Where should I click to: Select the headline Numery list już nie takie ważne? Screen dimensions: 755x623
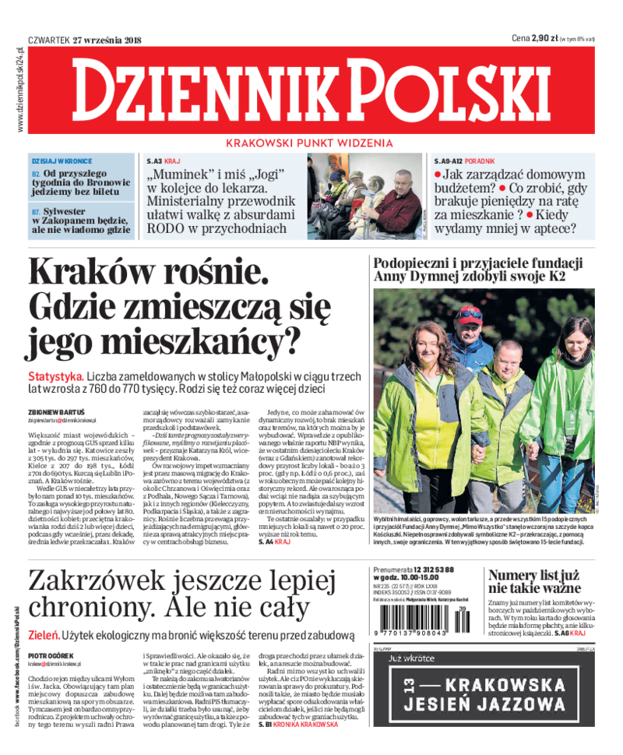[x=534, y=584]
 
